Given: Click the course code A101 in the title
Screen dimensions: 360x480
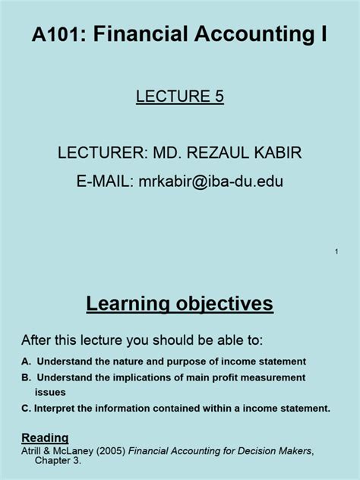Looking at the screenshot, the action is coord(57,33).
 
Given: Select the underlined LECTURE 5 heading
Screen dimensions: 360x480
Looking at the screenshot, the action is coord(180,96).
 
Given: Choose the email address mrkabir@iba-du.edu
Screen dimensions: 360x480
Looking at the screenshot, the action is coord(211,181).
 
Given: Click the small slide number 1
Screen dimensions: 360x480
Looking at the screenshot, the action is coord(336,251).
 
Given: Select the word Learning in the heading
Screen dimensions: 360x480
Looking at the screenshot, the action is coord(128,304).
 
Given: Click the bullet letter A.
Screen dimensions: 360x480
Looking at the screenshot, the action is coord(27,362).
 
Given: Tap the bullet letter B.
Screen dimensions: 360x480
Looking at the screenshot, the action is coord(27,377).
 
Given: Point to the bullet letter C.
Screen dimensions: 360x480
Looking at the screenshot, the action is coord(26,409).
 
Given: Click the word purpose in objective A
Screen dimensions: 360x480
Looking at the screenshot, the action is coord(186,362).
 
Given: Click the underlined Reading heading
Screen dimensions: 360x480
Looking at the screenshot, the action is coord(45,438).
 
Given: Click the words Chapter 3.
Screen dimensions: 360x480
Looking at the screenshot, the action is coord(58,460).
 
